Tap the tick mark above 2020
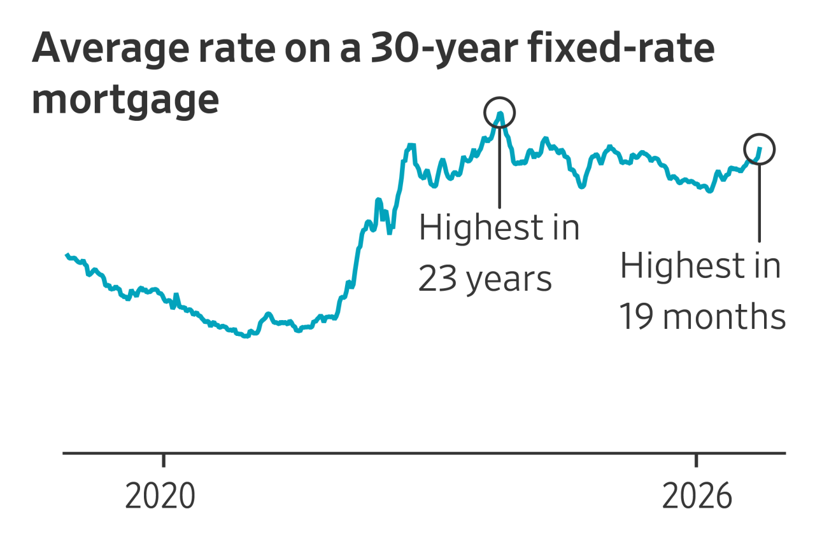(x=164, y=460)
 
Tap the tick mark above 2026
(x=697, y=460)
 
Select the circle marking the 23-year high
(x=485, y=113)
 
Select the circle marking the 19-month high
(x=744, y=149)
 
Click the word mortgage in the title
(x=125, y=101)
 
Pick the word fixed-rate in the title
(x=622, y=47)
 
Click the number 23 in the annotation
(x=437, y=279)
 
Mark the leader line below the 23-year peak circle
(x=500, y=167)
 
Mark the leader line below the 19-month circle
(x=760, y=203)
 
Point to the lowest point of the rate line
(x=246, y=337)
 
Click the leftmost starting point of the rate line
(x=67, y=255)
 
